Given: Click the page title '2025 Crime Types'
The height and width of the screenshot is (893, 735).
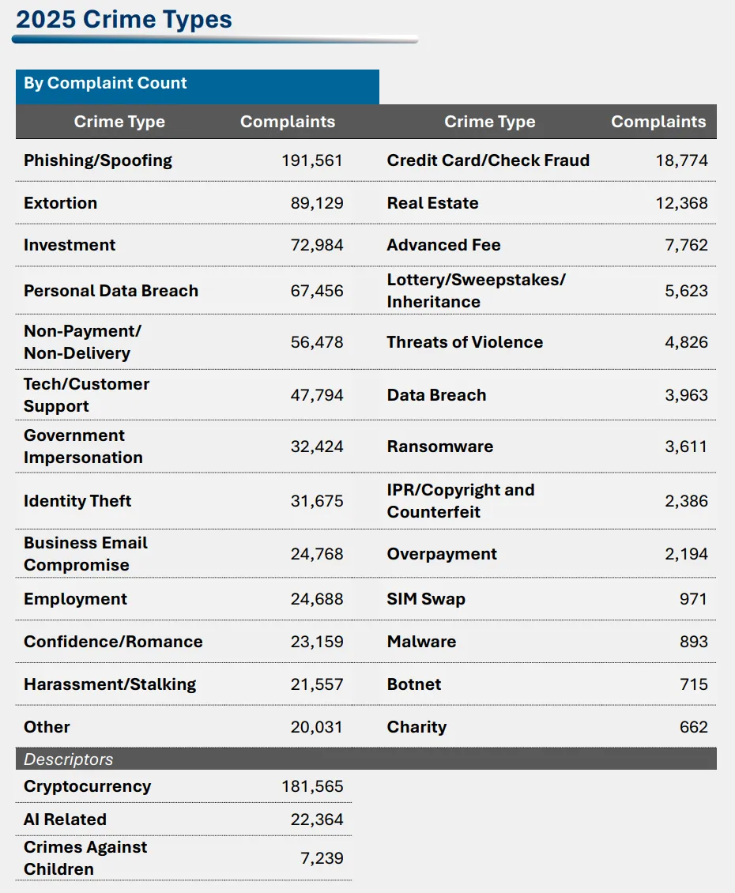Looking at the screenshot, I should [124, 19].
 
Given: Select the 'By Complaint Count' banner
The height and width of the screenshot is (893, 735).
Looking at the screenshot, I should [105, 83].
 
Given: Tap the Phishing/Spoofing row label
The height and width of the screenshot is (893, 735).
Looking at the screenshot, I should [98, 160].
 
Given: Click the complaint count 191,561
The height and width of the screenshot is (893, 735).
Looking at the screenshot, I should [312, 160].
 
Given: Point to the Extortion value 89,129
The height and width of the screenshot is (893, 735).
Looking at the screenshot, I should [317, 203].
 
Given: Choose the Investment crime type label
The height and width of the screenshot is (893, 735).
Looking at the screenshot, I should [70, 245].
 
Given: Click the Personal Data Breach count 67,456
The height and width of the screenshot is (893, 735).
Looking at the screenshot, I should [317, 291].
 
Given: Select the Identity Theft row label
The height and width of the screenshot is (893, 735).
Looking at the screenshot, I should [77, 501].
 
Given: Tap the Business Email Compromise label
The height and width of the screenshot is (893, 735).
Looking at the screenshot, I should [85, 554].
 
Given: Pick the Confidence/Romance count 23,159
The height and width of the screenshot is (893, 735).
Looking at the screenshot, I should [317, 642].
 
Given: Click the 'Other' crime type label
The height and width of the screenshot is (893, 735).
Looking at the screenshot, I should [47, 727].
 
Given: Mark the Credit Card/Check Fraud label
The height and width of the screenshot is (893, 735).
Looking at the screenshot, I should [488, 160].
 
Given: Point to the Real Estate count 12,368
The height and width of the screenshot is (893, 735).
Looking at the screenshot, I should [682, 203].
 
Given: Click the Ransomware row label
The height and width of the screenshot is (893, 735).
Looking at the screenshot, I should [440, 447].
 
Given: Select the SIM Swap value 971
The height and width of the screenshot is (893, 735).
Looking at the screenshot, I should [693, 599].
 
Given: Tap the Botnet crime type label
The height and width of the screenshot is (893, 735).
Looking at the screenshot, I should [414, 684].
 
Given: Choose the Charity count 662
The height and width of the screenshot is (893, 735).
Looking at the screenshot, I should [693, 727].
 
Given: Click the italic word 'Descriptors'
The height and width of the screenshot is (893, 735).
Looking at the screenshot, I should [69, 759].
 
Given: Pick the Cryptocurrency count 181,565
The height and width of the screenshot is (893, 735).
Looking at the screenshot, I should [312, 786].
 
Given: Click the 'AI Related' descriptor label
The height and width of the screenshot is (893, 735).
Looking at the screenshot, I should [65, 820].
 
